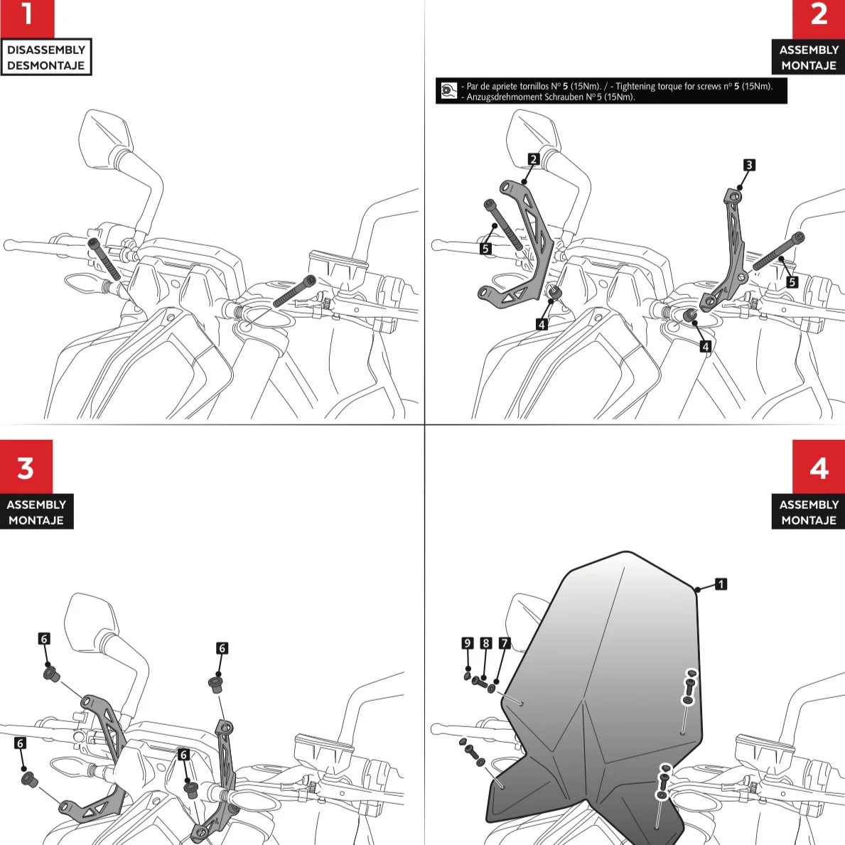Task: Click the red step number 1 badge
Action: coord(27,18)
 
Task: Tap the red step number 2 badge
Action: coord(818,18)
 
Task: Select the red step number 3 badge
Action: coord(26,467)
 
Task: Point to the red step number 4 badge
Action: coord(818,467)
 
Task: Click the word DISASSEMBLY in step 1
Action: coord(45,50)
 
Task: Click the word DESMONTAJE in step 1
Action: coord(45,65)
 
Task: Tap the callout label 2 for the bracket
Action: coord(534,159)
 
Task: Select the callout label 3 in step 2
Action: coord(748,165)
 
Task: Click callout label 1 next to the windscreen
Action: coord(721,583)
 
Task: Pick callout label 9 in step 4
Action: coord(467,643)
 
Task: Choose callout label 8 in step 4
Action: coord(486,643)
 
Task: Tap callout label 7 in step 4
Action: coord(505,643)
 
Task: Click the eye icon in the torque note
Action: coord(448,90)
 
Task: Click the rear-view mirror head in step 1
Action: coord(106,136)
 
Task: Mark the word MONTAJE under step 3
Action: coord(36,520)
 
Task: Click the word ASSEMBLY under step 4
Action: coord(809,505)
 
